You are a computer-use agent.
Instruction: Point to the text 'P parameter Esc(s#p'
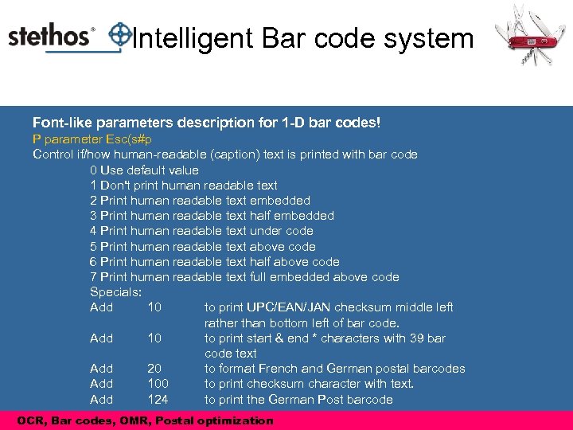[x=92, y=139]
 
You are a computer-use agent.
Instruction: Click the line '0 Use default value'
[x=144, y=170]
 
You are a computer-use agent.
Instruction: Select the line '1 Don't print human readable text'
[x=184, y=185]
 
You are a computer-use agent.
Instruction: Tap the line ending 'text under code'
[x=201, y=231]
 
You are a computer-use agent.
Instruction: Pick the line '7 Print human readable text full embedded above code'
[x=244, y=277]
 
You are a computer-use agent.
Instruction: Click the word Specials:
[x=115, y=292]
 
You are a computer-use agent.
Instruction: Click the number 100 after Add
[x=158, y=384]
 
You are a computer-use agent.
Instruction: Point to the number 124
[x=158, y=399]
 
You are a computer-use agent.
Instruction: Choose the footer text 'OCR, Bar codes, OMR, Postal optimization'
[x=145, y=420]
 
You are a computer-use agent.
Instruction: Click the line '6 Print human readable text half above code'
[x=215, y=262]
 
